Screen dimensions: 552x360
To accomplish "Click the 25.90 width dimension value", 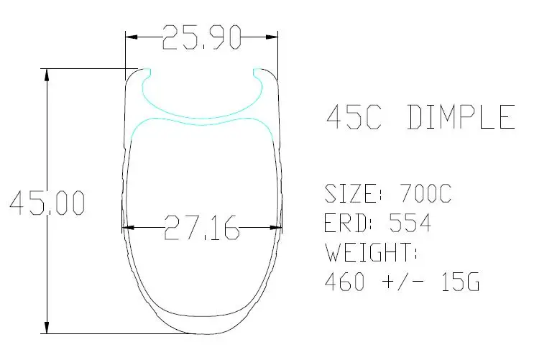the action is [202, 37].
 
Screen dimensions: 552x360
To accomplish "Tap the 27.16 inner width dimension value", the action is [202, 228].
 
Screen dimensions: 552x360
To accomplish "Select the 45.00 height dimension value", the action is [47, 203].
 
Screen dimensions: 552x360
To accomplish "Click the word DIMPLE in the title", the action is [461, 117].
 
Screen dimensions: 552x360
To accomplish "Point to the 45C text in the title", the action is [354, 117].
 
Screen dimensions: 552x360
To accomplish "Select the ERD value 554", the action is [410, 223].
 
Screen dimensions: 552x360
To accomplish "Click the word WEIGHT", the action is [370, 252].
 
